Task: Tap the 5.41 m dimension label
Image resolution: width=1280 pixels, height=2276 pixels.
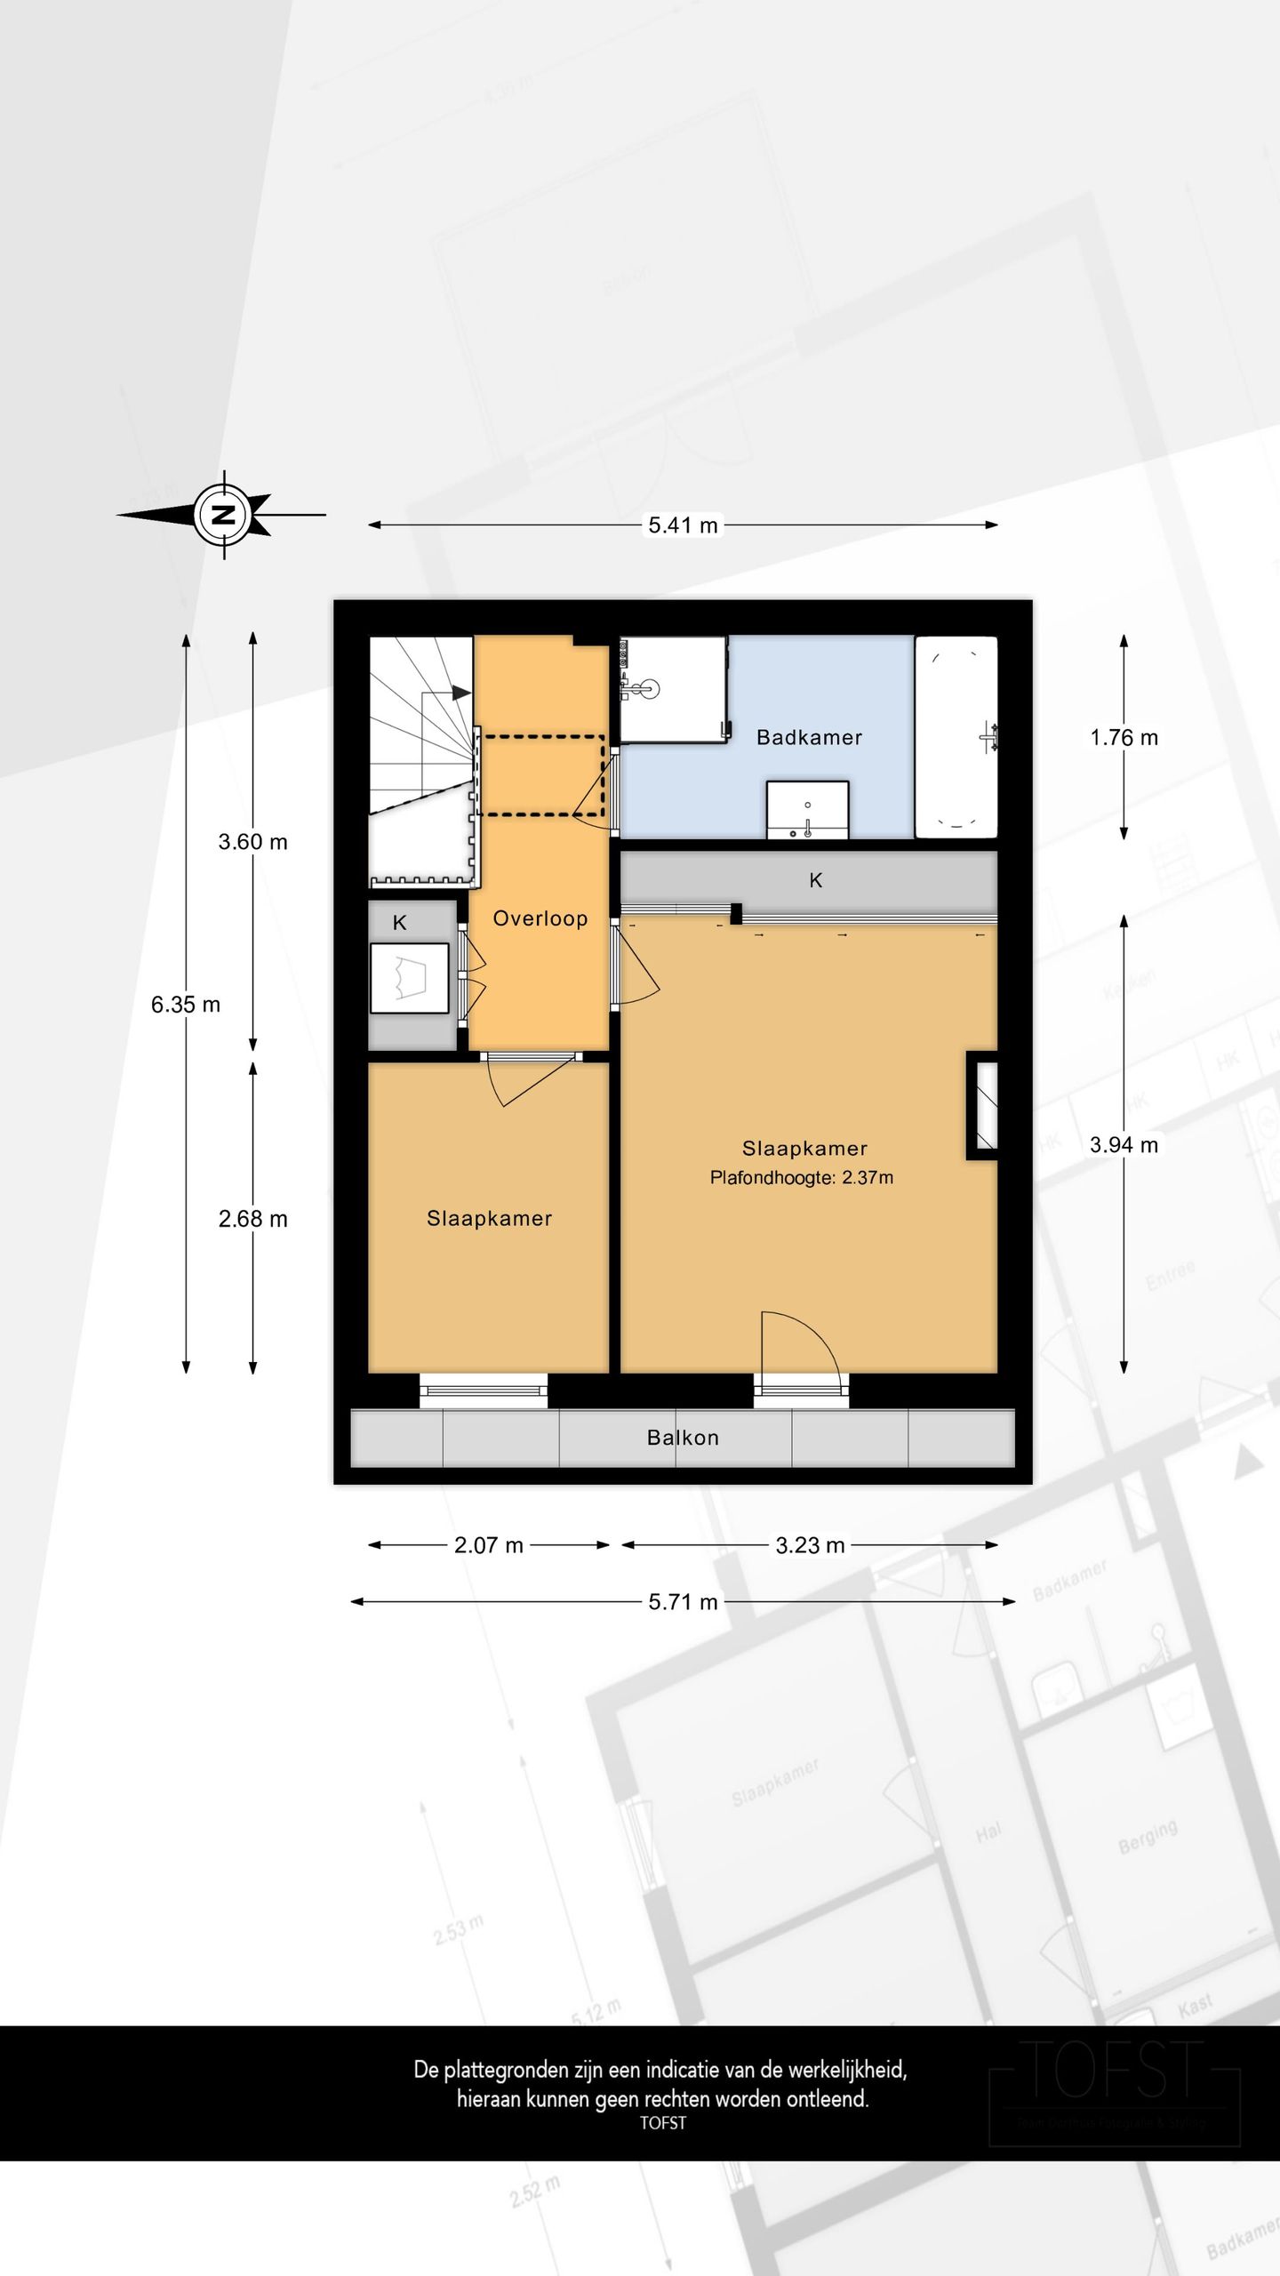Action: click(683, 525)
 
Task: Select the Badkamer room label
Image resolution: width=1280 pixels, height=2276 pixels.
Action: click(809, 737)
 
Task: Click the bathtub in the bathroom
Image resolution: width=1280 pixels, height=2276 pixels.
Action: click(956, 737)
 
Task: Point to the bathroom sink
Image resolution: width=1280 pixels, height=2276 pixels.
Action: click(807, 809)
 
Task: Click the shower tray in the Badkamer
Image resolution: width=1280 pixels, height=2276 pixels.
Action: click(673, 689)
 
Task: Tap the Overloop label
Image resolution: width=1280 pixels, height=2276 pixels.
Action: click(540, 918)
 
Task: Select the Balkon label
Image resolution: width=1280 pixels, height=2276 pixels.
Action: click(683, 1438)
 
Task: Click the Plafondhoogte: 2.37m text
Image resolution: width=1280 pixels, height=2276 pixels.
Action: click(801, 1178)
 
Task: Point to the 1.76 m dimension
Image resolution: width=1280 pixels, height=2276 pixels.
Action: click(1124, 738)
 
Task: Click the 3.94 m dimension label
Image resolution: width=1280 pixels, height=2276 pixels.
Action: click(1124, 1145)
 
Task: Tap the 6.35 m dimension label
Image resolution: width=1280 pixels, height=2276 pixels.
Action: click(186, 1005)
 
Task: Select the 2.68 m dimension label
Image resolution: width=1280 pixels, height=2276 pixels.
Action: click(253, 1219)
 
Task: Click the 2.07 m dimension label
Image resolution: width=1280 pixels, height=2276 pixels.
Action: click(489, 1545)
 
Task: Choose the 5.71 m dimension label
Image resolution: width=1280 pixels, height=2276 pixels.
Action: click(683, 1602)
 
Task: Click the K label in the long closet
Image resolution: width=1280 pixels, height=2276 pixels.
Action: click(815, 880)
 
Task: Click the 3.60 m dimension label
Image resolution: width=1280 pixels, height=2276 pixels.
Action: click(253, 842)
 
